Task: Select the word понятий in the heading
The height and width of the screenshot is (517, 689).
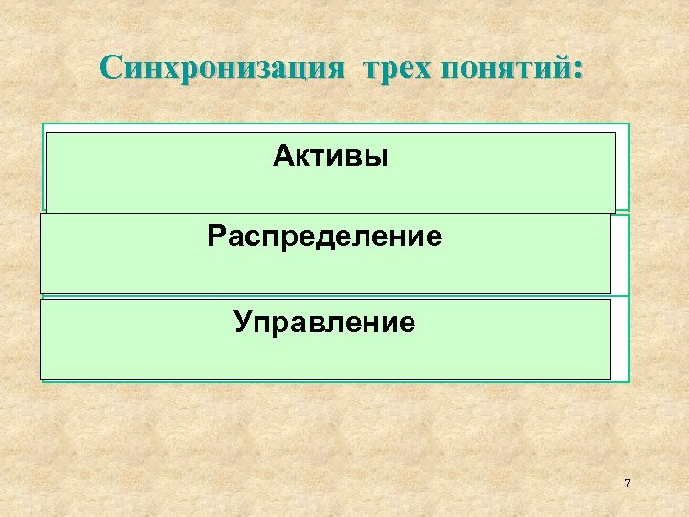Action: point(507,69)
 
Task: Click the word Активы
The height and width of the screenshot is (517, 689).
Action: point(330,155)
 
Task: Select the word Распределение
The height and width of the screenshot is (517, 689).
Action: point(324,236)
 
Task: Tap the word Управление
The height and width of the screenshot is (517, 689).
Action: point(324,322)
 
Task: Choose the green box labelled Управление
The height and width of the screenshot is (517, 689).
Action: point(324,354)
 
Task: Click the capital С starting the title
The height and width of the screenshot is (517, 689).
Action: point(112,69)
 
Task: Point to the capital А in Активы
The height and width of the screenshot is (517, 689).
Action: point(281,155)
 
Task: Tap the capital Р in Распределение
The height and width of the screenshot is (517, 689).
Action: point(215,236)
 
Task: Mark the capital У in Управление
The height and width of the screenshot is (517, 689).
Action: point(243,322)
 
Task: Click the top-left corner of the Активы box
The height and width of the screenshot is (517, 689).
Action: point(48,133)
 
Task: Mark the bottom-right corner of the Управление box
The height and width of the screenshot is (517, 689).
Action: point(610,379)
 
